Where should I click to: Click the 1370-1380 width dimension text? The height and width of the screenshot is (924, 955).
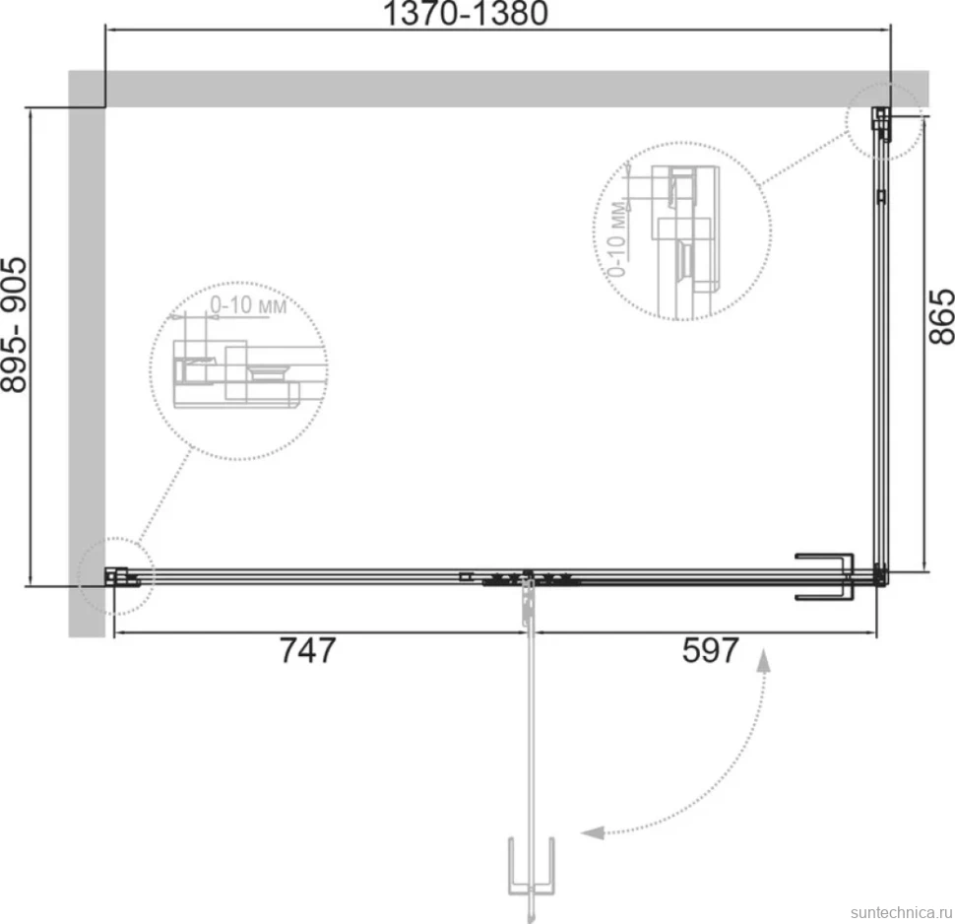pos(466,14)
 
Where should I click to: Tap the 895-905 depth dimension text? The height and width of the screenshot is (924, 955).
pos(14,325)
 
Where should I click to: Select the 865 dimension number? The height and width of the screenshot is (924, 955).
pos(941,316)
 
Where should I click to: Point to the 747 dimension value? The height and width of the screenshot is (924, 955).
pos(307,650)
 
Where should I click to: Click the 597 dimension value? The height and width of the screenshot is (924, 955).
pos(710,650)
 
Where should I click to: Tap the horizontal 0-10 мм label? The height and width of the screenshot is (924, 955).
pos(248,304)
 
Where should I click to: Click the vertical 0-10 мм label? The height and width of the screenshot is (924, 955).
pos(617,237)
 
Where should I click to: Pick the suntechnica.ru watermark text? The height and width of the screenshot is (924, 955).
pos(902,912)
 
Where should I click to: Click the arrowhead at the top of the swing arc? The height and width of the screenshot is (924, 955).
pos(764,660)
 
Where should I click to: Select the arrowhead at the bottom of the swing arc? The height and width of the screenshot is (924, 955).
pos(592,832)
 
